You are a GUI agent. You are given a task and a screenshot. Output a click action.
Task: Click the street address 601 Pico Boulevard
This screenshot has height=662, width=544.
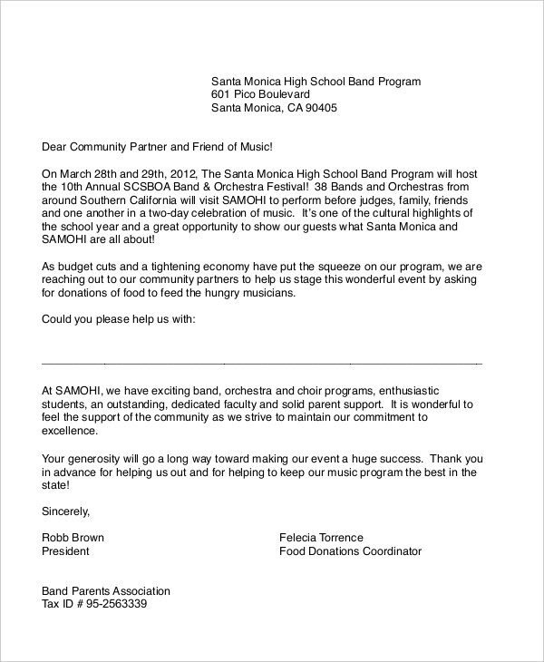pos(260,94)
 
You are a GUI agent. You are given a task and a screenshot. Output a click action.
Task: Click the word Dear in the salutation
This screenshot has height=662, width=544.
pos(56,146)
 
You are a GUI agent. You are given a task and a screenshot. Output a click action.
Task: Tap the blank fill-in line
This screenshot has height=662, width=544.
pos(262,363)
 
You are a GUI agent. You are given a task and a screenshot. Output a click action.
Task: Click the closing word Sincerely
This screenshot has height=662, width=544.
pos(66,511)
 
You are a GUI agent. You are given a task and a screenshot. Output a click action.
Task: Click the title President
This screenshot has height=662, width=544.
pos(66,551)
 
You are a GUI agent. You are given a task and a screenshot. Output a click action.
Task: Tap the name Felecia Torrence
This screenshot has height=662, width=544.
pos(321,538)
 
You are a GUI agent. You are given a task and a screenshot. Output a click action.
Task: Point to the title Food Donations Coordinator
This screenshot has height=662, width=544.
pos(350,551)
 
